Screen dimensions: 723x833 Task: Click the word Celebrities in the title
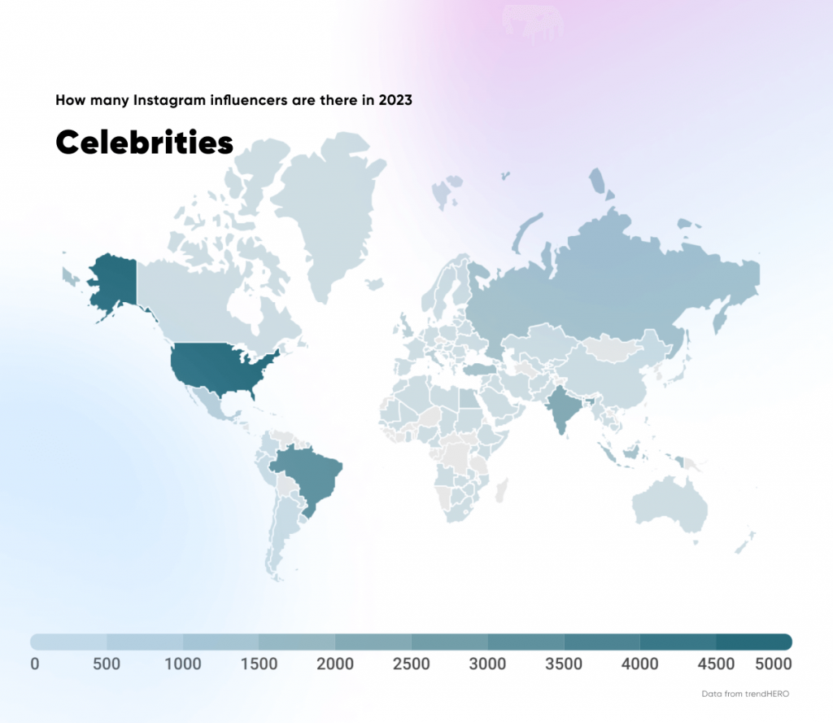[144, 142]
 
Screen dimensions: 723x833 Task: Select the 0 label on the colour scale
[34, 664]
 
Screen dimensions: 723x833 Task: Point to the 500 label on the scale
[107, 664]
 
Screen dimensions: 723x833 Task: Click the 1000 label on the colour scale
[182, 664]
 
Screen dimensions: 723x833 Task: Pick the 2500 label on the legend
[411, 664]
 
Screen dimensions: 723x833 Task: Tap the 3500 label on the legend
[563, 664]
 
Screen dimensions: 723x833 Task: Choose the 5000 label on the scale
[772, 664]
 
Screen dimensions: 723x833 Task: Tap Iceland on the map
[374, 284]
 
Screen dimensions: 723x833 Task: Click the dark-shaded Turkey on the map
[482, 369]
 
